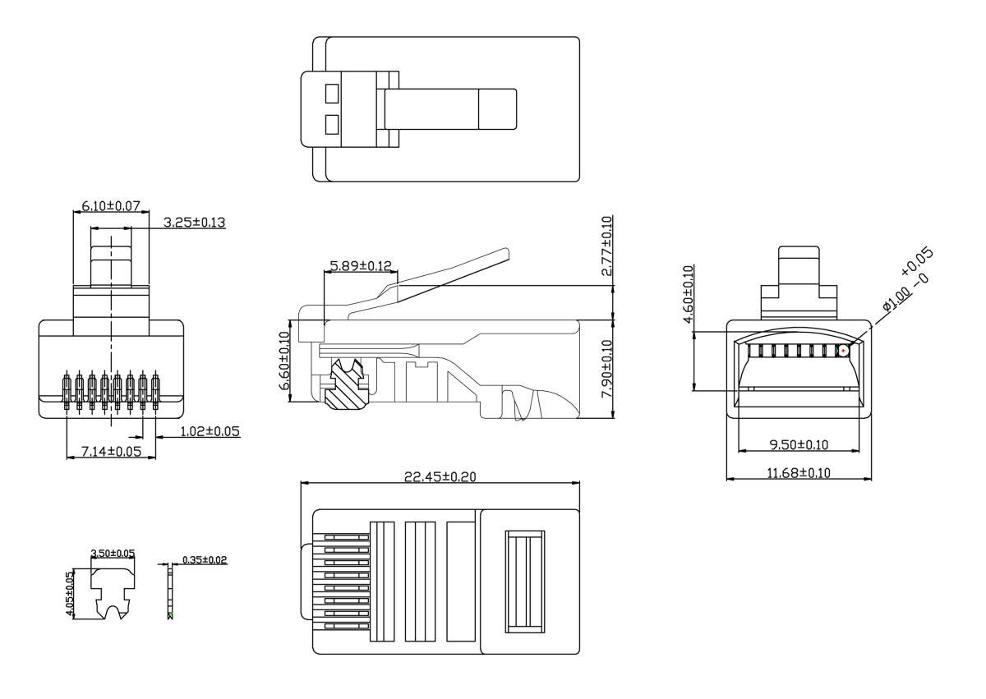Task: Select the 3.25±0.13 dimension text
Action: click(x=195, y=223)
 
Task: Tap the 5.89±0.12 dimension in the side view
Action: click(x=361, y=266)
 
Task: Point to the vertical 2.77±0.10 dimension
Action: click(x=607, y=246)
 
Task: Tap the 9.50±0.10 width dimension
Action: click(x=798, y=445)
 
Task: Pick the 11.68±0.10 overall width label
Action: click(x=799, y=473)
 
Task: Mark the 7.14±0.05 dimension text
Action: click(x=110, y=452)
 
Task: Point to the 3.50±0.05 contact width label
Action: click(x=113, y=554)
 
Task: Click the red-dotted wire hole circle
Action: click(x=843, y=351)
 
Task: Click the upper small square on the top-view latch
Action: click(x=331, y=93)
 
